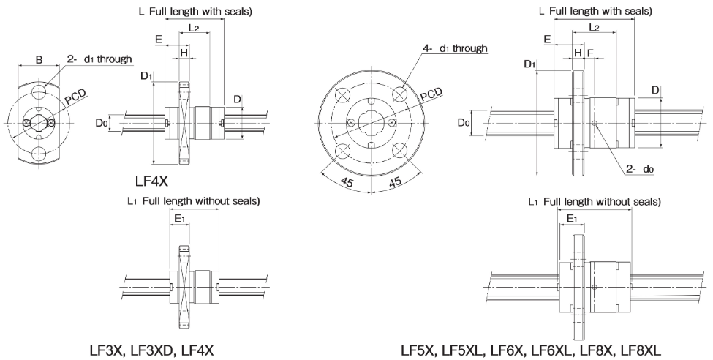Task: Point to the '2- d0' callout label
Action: coord(639,169)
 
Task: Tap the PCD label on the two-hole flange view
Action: coord(75,97)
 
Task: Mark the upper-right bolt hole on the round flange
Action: coord(399,93)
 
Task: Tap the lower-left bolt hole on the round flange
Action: coord(342,151)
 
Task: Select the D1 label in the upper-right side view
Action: coord(530,65)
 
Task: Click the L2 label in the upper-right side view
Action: coord(593,27)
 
